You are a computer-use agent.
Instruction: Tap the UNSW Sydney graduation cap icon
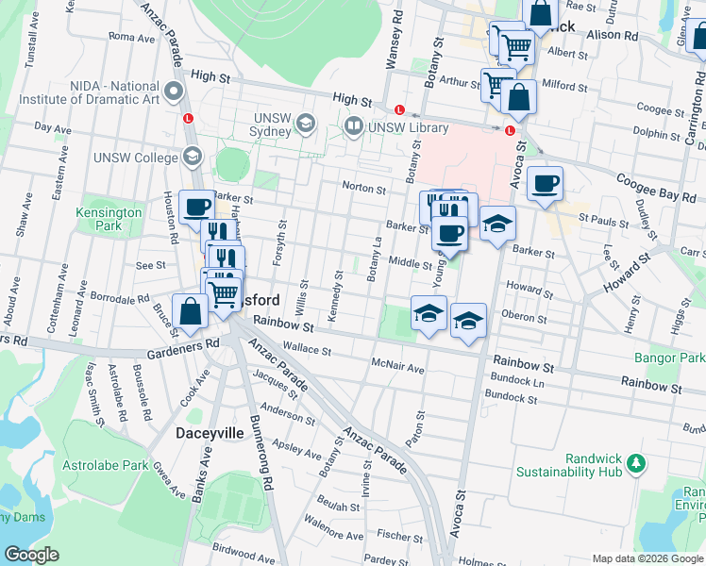pos(306,124)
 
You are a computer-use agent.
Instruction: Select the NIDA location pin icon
pos(173,92)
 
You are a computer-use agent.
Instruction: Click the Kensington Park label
pos(109,219)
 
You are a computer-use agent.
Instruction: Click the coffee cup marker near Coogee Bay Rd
pos(545,184)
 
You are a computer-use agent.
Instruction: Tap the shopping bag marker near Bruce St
pos(191,312)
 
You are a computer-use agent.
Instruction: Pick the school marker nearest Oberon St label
pos(468,321)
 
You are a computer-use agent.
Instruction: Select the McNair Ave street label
pos(398,367)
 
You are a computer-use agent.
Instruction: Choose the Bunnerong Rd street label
pos(259,452)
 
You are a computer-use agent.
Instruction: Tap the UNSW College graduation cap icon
pos(192,158)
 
